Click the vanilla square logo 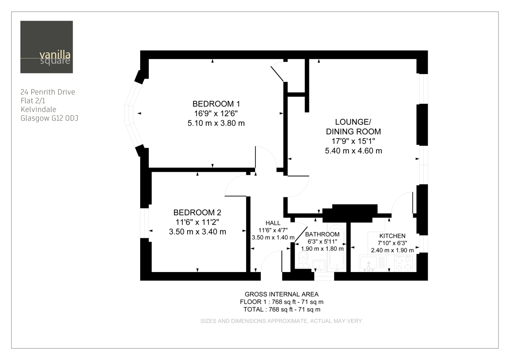pos(46,47)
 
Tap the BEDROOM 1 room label pos(216,104)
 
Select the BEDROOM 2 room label pos(197,212)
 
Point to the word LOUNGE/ pos(353,122)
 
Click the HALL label pos(273,223)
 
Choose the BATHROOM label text pos(322,234)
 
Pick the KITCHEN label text pos(392,236)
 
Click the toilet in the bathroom pos(303,260)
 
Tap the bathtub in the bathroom pos(337,247)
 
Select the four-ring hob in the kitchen pos(403,263)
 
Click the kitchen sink pos(369,263)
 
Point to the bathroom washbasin pos(319,266)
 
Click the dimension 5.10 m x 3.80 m pos(216,123)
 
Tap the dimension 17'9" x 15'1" pos(353,141)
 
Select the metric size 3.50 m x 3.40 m pos(197,232)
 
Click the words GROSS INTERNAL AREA pos(282,294)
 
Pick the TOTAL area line pos(282,310)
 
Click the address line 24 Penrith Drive pos(48,92)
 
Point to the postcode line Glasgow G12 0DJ pos(49,118)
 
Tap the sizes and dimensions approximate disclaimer pos(282,321)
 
